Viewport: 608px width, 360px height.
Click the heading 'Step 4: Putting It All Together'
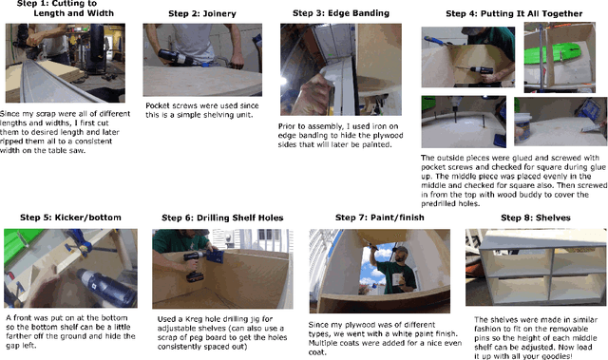[507, 16]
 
